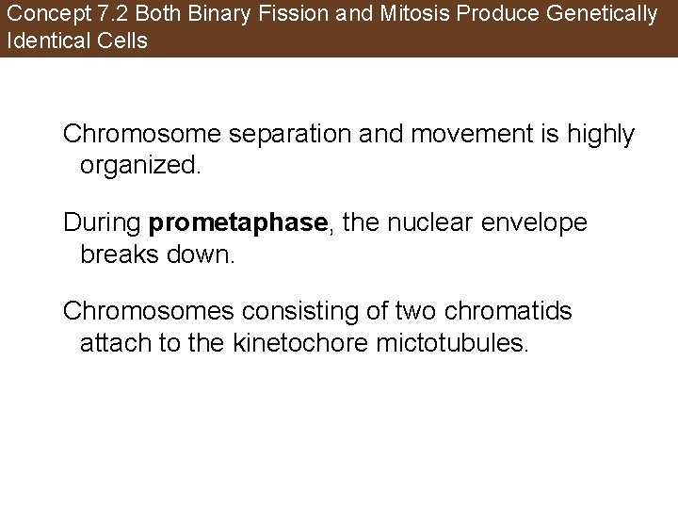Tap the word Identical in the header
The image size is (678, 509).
44,41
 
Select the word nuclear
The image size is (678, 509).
417,223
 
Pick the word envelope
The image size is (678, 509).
541,223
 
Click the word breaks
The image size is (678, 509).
118,254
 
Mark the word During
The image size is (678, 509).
102,223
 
